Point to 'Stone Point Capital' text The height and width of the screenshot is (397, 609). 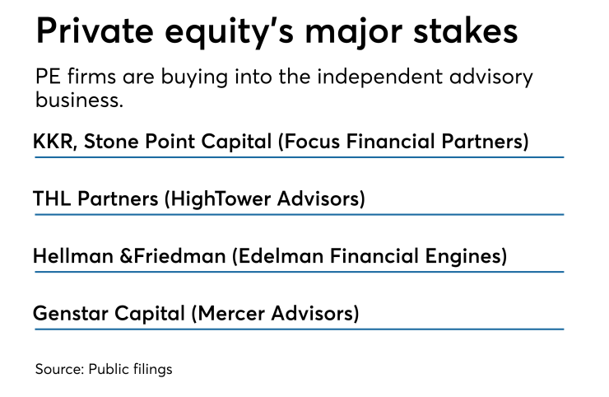[176, 141]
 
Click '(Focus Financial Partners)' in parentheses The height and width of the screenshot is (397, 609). [403, 141]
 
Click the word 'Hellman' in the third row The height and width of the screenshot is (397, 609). [72, 256]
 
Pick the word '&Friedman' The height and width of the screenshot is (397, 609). [172, 256]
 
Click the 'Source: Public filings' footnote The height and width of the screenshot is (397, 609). [104, 369]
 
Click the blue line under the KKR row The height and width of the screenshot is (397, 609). [298, 156]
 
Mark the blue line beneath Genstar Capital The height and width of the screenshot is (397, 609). [298, 329]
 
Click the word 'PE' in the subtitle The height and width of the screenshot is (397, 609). [48, 78]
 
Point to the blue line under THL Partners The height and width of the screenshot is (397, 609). [298, 214]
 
